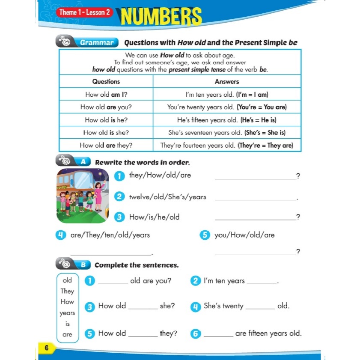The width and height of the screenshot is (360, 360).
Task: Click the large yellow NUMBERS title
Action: (x=161, y=17)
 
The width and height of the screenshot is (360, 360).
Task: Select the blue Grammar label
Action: (x=96, y=42)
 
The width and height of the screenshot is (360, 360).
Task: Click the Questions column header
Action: (x=106, y=81)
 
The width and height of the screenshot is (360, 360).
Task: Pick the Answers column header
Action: (x=227, y=81)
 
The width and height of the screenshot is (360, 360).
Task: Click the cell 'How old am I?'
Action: (x=106, y=94)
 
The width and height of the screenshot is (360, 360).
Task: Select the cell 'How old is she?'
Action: (x=106, y=133)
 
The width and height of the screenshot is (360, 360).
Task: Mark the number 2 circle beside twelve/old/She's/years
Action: (x=120, y=197)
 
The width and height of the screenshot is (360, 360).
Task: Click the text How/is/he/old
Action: (x=154, y=217)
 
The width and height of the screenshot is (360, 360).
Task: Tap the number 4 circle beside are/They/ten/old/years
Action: (x=60, y=235)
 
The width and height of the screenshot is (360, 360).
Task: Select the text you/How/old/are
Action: (x=244, y=235)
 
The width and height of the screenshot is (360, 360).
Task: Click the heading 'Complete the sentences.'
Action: (x=136, y=265)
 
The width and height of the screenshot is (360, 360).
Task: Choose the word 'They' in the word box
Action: (x=67, y=291)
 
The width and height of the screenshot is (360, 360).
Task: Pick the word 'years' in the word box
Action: (x=67, y=313)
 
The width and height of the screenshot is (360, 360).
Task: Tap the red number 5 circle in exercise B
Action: (x=90, y=334)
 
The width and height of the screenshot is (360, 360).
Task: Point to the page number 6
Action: (x=46, y=348)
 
